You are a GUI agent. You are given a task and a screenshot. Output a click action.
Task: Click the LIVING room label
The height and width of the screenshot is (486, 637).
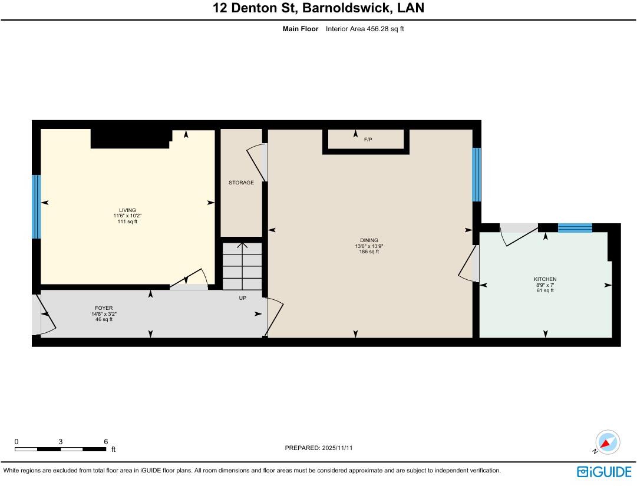127,210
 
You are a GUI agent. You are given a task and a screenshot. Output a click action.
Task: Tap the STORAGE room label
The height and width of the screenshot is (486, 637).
241,183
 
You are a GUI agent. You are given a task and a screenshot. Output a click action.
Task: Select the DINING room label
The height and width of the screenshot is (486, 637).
369,240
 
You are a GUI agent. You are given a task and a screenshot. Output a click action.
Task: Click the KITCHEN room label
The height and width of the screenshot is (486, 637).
545,279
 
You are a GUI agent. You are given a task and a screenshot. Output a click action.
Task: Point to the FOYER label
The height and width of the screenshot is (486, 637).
104,308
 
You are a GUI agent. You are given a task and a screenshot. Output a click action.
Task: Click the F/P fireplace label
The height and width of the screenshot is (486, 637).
368,140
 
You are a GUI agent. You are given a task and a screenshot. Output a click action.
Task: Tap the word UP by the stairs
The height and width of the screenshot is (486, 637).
242,298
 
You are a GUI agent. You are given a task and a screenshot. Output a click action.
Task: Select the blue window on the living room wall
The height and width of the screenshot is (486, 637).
36,207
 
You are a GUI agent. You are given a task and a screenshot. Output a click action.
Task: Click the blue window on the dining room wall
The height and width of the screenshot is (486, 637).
476,175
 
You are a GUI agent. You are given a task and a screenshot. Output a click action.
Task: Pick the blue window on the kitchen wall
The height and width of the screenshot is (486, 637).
575,228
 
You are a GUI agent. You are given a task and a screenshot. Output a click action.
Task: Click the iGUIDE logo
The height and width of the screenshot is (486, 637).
604,471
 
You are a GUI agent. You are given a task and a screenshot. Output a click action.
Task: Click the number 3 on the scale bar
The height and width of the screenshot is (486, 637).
61,441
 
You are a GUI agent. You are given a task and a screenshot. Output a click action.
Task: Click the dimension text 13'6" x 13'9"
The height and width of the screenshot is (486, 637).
369,246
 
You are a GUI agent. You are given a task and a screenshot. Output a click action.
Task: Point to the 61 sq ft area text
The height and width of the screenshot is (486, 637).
545,290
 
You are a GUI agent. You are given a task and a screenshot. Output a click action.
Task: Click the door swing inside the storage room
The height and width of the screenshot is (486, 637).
256,163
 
